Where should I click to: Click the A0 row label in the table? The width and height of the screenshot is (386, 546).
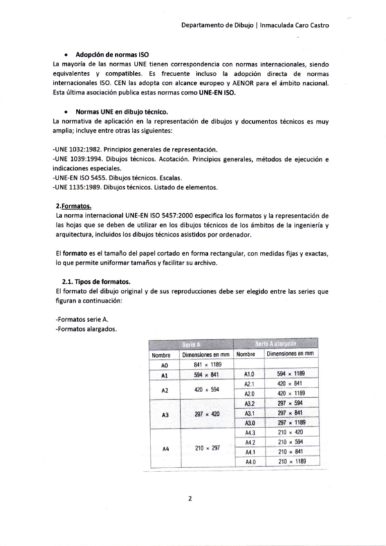(164, 364)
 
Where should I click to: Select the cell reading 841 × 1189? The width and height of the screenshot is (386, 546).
(206, 364)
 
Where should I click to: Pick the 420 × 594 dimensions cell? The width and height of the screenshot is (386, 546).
(206, 390)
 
